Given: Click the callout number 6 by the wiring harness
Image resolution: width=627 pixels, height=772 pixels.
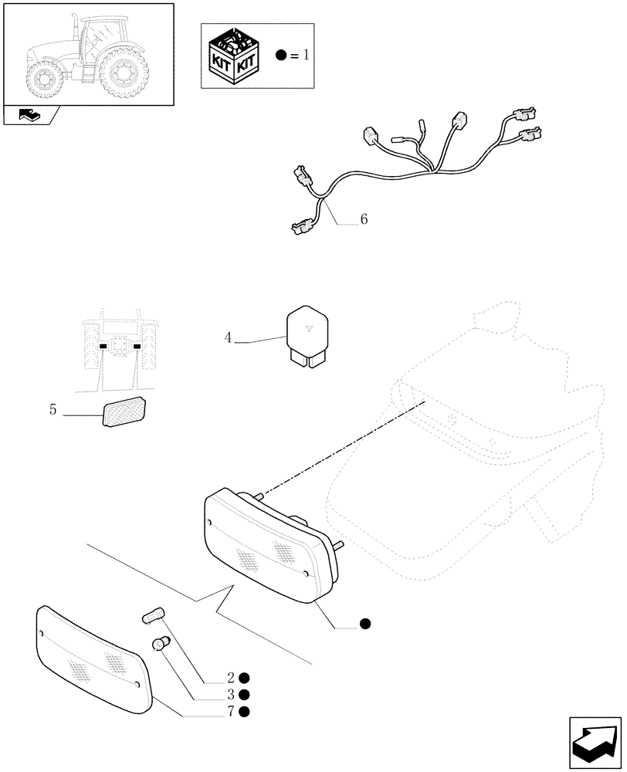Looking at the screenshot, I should [363, 220].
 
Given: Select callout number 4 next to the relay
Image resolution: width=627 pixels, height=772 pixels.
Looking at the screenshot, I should [228, 337].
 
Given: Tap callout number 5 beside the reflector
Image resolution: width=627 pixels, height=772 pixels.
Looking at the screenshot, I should [53, 410].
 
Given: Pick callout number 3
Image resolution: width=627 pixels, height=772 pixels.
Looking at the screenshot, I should [230, 695].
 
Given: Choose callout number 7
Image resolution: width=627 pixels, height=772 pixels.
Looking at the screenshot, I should [230, 711].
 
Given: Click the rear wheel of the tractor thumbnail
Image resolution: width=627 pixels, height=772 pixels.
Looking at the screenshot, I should [124, 75].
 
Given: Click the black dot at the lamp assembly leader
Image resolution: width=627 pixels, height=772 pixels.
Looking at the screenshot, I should [364, 623].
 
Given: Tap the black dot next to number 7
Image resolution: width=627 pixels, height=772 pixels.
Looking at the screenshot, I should [244, 711].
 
